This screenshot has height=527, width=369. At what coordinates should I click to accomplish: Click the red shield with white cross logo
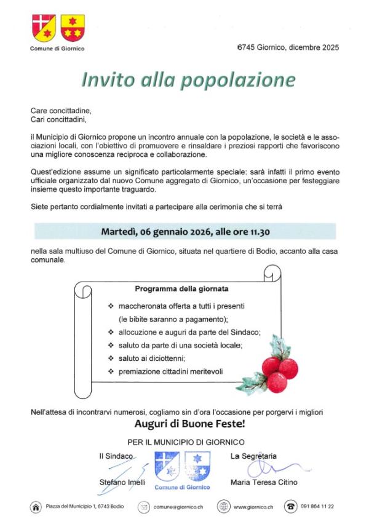pos(43,26)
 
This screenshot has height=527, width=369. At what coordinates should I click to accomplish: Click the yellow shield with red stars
pos(73,26)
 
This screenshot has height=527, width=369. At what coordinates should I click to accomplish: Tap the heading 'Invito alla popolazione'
pos(189,80)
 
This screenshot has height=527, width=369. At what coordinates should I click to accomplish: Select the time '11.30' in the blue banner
pos(257,232)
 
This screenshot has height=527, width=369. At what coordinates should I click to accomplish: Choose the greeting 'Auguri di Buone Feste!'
pos(190,424)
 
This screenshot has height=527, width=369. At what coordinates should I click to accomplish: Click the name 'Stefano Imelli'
pos(121,483)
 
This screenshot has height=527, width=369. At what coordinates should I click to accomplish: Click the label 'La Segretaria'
pos(253,456)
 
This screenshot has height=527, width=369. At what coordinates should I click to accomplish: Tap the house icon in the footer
pos(36,507)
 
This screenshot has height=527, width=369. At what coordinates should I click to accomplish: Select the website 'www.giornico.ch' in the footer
pos(253,507)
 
